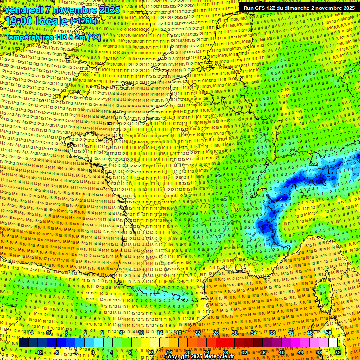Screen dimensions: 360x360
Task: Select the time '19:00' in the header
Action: pyautogui.click(x=21, y=21)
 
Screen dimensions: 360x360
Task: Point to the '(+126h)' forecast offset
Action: pyautogui.click(x=83, y=21)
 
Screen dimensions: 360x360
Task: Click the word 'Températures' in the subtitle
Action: pyautogui.click(x=28, y=37)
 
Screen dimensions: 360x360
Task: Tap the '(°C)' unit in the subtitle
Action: pyautogui.click(x=93, y=37)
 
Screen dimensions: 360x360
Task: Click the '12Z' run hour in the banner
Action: pyautogui.click(x=274, y=8)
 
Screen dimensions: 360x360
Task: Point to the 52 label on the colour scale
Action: pyautogui.click(x=338, y=352)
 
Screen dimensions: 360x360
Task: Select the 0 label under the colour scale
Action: pyautogui.click(x=93, y=352)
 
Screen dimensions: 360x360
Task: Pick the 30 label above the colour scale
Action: pyautogui.click(x=235, y=333)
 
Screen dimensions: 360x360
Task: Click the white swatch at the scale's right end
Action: pyautogui.click(x=333, y=343)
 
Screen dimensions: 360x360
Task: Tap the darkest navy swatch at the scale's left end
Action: pyautogui.click(x=23, y=343)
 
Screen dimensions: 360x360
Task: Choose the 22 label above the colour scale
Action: pyautogui.click(x=197, y=333)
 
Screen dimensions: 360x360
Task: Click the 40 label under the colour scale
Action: pyautogui.click(x=281, y=352)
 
